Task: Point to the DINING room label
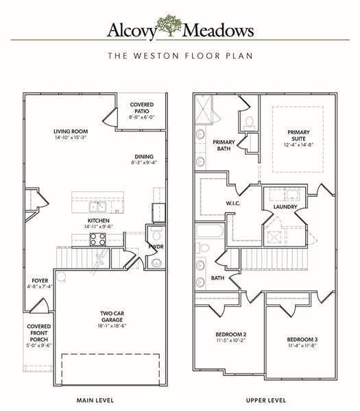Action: pyautogui.click(x=143, y=156)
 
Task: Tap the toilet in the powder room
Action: pyautogui.click(x=156, y=262)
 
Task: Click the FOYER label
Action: pyautogui.click(x=39, y=281)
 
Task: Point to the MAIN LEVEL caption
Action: pyautogui.click(x=95, y=399)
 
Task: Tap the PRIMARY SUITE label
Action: pyautogui.click(x=298, y=136)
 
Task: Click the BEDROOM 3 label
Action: pyautogui.click(x=302, y=340)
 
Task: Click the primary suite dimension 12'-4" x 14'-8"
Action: pyautogui.click(x=298, y=145)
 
